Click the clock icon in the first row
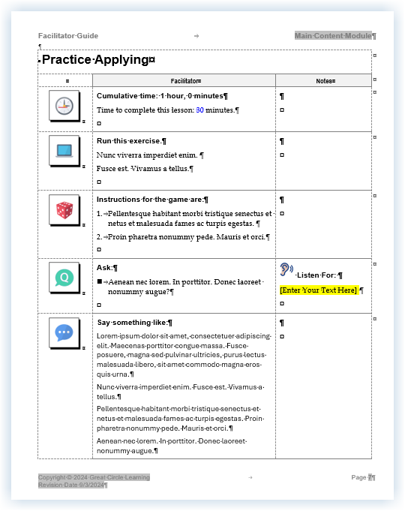(64, 106)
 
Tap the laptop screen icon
(64, 150)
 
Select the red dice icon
(64, 210)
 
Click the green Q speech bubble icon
(64, 278)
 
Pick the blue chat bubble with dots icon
(64, 332)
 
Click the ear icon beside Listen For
(286, 270)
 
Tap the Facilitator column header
(184, 80)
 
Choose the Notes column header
(325, 80)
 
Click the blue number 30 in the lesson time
(199, 110)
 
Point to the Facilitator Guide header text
(68, 36)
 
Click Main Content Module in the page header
(334, 36)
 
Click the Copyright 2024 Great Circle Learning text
(94, 477)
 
